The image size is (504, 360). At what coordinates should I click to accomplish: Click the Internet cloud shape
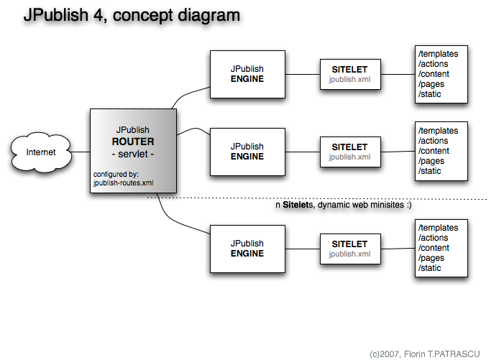coord(41,152)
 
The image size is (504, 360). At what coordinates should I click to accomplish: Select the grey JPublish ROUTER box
coord(132,152)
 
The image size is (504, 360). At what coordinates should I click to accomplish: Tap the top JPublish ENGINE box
coord(247,74)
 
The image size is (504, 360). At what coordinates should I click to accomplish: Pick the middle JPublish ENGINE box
coord(247,152)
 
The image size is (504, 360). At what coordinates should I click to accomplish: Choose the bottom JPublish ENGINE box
coord(247,249)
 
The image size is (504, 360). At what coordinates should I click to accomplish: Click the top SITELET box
coord(349,75)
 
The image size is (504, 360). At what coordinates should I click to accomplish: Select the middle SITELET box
coord(349,152)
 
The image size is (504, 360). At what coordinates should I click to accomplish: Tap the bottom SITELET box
coord(349,249)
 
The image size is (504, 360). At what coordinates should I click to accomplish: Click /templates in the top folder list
coord(438,54)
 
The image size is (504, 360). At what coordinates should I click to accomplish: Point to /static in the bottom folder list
coord(430,268)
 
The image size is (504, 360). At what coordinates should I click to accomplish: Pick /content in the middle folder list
coord(434,151)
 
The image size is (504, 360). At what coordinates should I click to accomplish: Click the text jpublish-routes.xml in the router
coord(124,183)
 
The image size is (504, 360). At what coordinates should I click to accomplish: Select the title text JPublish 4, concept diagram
coord(132,15)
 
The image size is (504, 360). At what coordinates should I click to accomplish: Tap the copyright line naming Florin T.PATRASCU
coord(424,354)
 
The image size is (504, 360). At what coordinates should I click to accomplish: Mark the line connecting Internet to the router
coord(81,152)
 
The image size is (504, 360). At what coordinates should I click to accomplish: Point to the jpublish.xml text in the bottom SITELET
coord(349,254)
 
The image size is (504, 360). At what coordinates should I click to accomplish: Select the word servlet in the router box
coord(132,153)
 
